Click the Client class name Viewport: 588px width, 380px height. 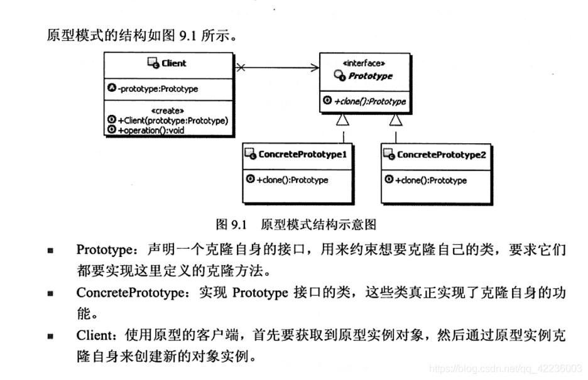click(x=174, y=63)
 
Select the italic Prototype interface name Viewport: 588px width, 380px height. click(x=371, y=76)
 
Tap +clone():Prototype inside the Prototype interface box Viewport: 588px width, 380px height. click(x=369, y=102)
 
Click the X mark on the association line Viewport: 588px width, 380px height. click(x=241, y=67)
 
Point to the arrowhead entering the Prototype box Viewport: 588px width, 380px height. click(x=314, y=67)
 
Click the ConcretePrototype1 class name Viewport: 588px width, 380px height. click(x=303, y=155)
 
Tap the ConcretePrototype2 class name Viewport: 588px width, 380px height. click(x=441, y=155)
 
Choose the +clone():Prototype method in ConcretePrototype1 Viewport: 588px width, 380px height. click(x=292, y=180)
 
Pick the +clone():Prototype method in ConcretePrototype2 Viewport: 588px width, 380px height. click(x=430, y=180)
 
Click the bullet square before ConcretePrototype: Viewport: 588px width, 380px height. click(x=50, y=293)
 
